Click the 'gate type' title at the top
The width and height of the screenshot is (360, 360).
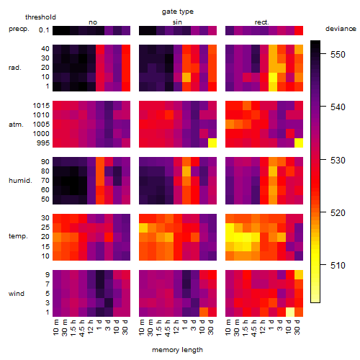point(178,12)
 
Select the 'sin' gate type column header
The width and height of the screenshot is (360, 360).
point(177,22)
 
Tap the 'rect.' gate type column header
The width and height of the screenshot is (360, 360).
point(261,22)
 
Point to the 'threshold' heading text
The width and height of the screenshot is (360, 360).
point(40,17)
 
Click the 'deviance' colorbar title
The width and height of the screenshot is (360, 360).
point(341,29)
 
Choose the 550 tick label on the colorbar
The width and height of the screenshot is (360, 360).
point(338,55)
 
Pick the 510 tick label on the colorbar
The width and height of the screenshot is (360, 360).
point(338,266)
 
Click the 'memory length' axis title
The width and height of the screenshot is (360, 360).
point(177,350)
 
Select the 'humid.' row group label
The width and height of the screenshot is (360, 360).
point(20,181)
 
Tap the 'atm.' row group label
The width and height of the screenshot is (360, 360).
point(16,125)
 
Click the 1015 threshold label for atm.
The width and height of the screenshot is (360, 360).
point(41,106)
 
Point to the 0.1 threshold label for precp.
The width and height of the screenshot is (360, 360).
point(44,30)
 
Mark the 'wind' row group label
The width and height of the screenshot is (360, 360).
point(17,294)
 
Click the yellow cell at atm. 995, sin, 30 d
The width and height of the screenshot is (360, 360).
point(212,143)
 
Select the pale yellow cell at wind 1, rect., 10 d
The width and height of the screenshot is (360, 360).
point(290,312)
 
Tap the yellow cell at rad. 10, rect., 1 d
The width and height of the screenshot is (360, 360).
point(273,77)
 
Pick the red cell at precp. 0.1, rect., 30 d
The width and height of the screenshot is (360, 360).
point(299,30)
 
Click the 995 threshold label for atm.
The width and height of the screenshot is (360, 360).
point(43,143)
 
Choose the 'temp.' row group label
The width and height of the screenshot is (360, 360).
point(18,236)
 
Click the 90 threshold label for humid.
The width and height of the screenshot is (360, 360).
point(45,162)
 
